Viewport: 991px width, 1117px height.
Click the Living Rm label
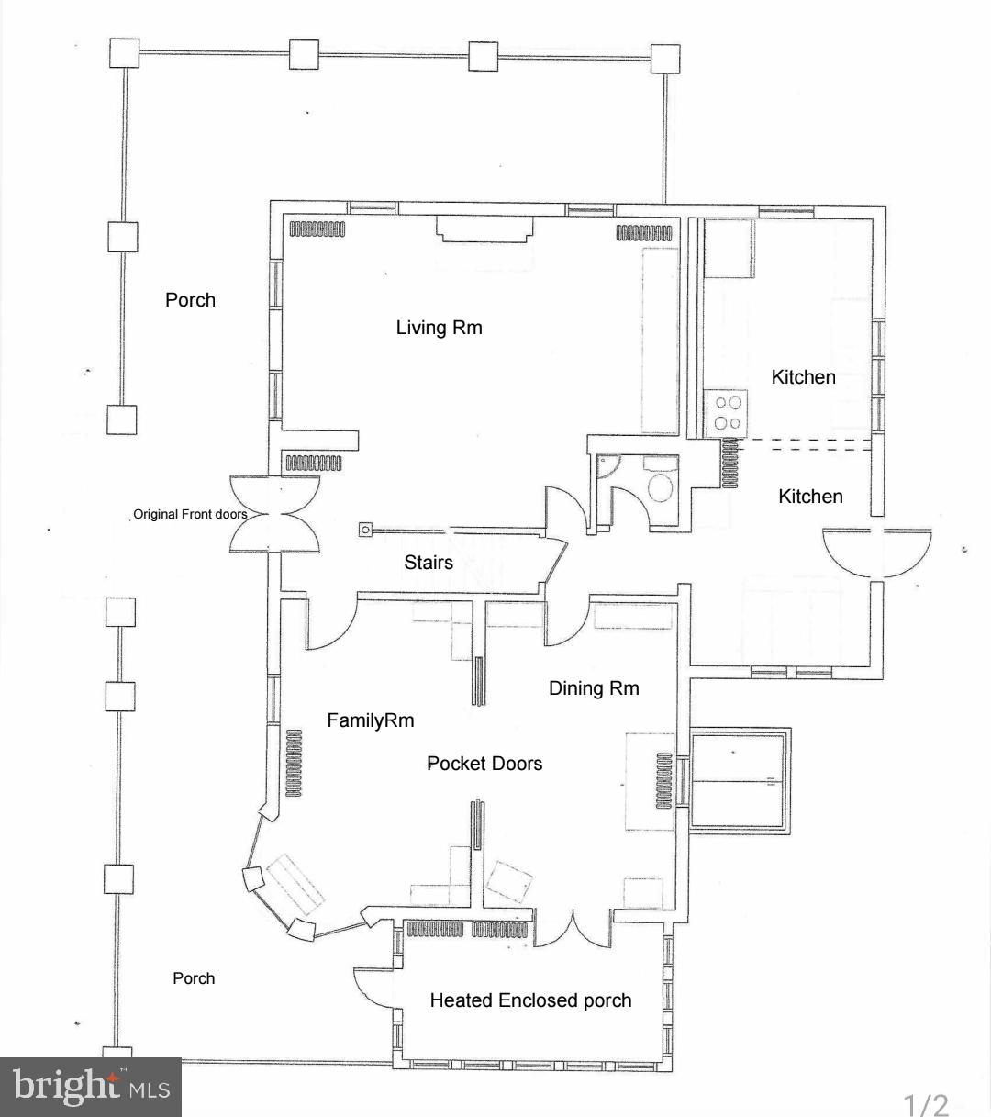439,328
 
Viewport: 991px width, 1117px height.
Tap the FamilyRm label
370,720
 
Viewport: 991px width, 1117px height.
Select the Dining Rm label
594,688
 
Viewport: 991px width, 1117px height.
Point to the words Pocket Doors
484,764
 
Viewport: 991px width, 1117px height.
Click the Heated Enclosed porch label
530,1000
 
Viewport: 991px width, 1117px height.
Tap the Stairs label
429,563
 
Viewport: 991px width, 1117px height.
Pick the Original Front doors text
190,514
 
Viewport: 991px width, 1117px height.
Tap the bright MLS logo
91,1088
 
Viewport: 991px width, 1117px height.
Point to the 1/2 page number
926,1104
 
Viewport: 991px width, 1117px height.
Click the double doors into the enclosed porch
573,929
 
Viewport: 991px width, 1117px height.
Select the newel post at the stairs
365,530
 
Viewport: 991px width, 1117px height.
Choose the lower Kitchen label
810,497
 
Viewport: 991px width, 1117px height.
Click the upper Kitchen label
803,377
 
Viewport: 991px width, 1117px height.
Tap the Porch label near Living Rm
190,300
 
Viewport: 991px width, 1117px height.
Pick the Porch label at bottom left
194,978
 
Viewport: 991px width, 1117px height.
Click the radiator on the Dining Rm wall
664,781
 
